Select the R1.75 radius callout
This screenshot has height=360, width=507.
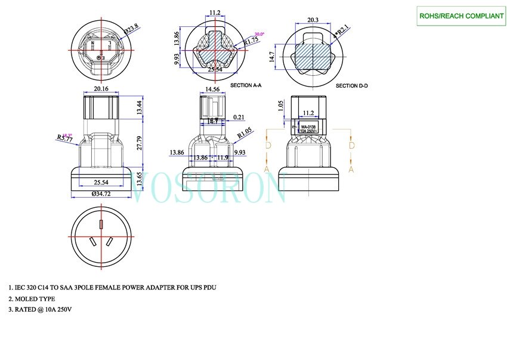(251, 41)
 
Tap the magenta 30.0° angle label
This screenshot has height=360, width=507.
(260, 34)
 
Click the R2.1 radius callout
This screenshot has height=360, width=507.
(343, 29)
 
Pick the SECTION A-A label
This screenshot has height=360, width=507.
(245, 86)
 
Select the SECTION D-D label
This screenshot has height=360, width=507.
(352, 86)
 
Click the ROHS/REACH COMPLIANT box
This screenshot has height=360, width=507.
(460, 16)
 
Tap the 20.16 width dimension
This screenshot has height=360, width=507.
(101, 89)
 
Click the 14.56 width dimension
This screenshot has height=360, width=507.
(212, 89)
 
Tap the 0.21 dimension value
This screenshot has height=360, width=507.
(240, 117)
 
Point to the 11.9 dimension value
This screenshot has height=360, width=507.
(222, 158)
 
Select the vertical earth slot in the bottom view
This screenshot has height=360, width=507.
(101, 225)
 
